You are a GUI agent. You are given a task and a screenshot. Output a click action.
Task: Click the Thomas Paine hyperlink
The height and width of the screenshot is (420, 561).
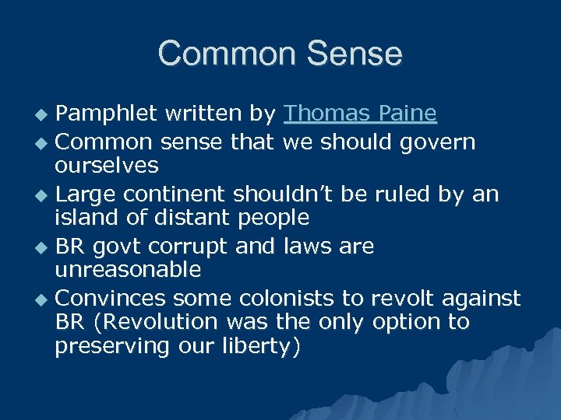(x=360, y=114)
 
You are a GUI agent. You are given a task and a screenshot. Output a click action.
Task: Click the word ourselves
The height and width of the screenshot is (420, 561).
(x=107, y=166)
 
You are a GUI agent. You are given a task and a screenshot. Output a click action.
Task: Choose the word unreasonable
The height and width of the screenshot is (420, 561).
(x=128, y=270)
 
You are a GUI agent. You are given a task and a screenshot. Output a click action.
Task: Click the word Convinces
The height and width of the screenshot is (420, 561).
(x=111, y=298)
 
